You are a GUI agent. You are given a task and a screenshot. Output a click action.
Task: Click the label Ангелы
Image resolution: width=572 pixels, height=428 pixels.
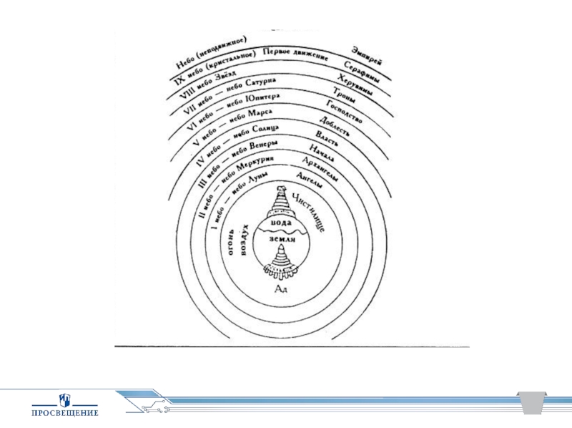click(308, 180)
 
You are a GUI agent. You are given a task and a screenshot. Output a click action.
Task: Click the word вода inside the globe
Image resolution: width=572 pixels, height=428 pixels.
click(282, 225)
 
